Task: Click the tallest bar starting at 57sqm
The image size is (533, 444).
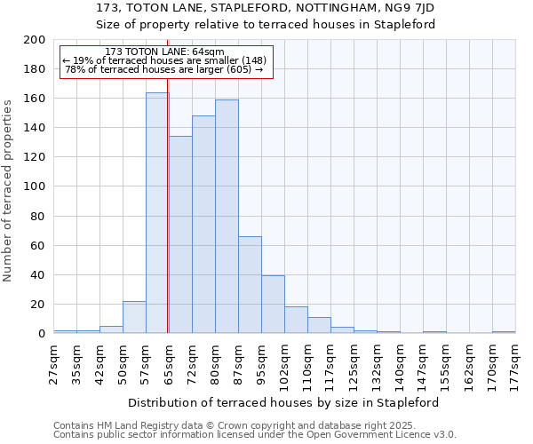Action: [157, 213]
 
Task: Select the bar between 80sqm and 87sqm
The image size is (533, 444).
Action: [227, 217]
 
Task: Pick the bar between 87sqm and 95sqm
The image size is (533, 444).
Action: [250, 285]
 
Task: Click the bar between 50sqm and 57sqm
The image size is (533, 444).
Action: [134, 317]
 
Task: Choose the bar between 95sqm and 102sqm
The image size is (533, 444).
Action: [273, 305]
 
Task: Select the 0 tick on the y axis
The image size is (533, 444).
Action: [42, 334]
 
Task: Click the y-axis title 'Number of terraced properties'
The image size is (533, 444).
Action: [8, 190]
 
